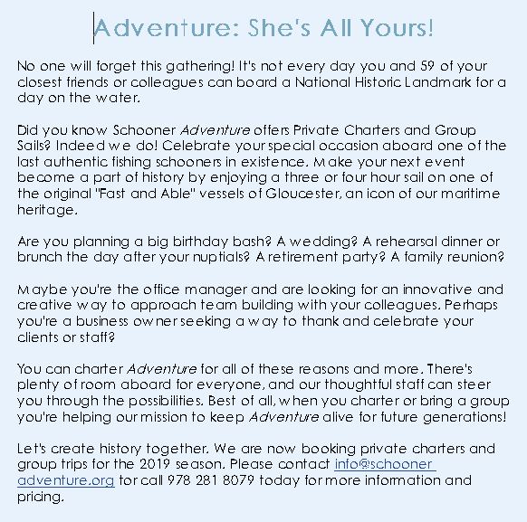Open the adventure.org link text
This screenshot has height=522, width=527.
(65, 479)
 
